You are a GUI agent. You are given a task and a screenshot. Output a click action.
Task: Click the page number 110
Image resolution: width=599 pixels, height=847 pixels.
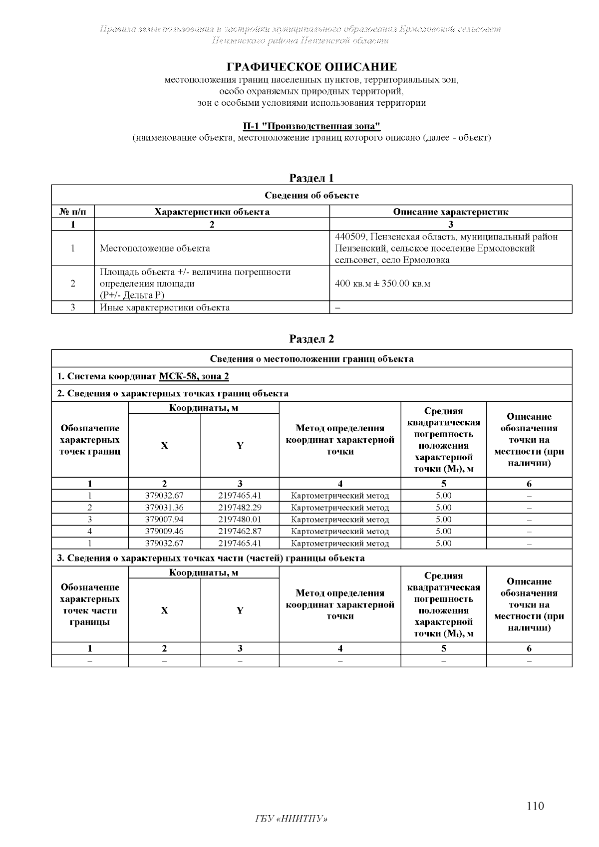coord(535,806)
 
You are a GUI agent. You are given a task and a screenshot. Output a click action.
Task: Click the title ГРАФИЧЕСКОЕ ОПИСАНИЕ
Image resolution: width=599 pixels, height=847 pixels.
coord(312,67)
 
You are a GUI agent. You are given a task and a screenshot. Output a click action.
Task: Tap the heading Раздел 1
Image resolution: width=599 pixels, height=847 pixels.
coord(311,178)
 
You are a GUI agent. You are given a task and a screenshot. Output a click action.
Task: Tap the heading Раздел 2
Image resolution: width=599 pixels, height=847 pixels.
coord(311,339)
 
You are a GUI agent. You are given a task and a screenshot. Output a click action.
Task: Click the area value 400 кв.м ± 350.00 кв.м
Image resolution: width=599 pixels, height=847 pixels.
coord(382,283)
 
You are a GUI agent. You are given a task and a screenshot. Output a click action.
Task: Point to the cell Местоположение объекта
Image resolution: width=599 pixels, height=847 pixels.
coord(155,248)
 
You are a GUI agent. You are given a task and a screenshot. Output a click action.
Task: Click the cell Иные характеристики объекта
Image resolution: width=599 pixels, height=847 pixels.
coord(165,307)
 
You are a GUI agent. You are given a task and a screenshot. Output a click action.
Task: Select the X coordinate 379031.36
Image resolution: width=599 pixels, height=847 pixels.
coord(164,508)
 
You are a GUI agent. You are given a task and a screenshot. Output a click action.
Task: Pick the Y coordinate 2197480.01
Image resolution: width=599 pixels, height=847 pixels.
coord(240,520)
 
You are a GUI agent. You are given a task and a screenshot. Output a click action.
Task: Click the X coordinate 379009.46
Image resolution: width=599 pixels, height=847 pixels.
coord(164,532)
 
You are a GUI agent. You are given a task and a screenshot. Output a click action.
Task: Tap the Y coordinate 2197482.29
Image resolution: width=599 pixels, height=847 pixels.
coord(240,508)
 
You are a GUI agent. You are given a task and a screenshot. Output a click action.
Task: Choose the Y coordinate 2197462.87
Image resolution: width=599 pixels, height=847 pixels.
coord(240,532)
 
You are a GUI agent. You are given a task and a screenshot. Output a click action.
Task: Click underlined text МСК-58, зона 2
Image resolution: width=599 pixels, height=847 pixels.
coord(194,376)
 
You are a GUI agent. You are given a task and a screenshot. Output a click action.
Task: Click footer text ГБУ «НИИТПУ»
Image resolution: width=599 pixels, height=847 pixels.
coord(291,819)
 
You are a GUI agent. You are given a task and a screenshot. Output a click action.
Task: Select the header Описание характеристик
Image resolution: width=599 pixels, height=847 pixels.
coord(450,212)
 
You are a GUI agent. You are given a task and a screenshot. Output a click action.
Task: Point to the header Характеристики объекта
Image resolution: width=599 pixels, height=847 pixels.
coord(212,212)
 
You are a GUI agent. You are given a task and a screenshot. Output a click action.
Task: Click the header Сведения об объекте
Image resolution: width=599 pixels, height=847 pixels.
coord(311,195)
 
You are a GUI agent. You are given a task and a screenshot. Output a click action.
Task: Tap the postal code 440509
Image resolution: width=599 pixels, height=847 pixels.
coord(350,237)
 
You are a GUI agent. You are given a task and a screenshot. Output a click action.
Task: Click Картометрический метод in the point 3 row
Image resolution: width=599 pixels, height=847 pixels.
coord(339,520)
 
